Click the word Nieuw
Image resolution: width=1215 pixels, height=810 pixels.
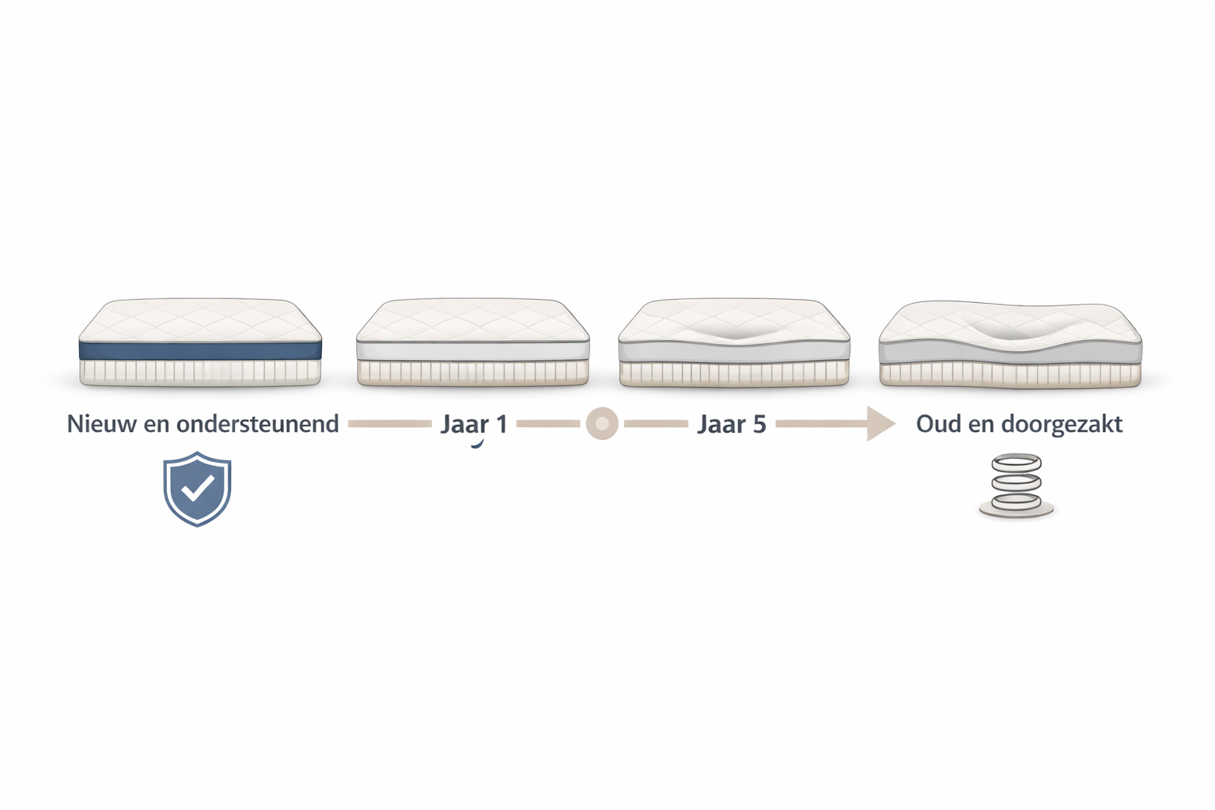[x=101, y=424]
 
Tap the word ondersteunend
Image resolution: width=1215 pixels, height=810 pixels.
[x=258, y=424]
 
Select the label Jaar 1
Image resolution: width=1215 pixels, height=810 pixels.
[x=474, y=424]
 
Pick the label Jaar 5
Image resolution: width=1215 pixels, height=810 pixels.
[x=732, y=424]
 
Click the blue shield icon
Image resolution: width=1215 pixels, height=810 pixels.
[x=198, y=489]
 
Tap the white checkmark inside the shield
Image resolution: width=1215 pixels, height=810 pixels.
[x=198, y=488]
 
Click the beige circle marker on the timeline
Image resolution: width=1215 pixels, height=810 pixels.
[x=602, y=423]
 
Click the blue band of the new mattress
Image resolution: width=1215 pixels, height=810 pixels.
[x=200, y=350]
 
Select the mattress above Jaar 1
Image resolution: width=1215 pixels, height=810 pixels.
[x=472, y=342]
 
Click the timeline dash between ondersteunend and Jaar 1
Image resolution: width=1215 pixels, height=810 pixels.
[x=389, y=424]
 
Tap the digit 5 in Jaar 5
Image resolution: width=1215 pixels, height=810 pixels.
[x=759, y=424]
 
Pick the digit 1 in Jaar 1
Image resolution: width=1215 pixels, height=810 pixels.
[x=502, y=424]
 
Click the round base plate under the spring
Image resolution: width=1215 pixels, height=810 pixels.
[x=1016, y=510]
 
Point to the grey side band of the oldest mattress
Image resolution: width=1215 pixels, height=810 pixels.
[x=1010, y=354]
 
